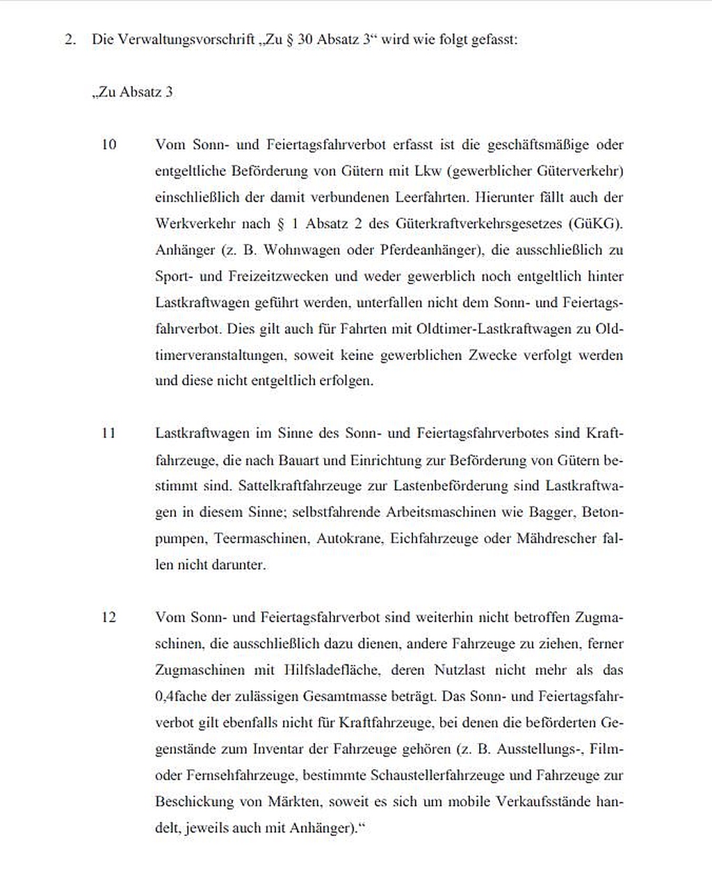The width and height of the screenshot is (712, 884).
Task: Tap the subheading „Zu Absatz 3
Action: coord(132,92)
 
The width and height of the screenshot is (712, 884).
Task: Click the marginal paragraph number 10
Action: coord(109,145)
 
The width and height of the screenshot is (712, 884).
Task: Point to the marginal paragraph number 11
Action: coord(108,433)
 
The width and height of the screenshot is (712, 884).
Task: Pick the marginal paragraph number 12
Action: coord(109,617)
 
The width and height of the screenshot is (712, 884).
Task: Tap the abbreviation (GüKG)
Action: coord(596,224)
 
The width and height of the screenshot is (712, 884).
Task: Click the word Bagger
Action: coord(551,512)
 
